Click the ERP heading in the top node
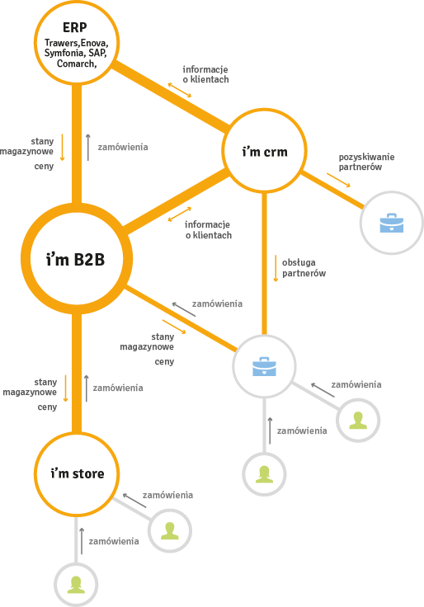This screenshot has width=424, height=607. [75, 27]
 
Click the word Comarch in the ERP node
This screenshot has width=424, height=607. [76, 64]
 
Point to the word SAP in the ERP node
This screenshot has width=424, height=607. [97, 53]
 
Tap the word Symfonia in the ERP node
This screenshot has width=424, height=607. [64, 53]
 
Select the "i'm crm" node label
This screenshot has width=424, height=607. [265, 152]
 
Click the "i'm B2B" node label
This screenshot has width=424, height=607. [76, 259]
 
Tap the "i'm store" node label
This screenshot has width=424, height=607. [77, 473]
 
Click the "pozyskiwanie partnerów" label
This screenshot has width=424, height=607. [367, 162]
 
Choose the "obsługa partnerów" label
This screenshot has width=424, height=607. [304, 268]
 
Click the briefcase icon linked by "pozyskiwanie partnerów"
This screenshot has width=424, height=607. [392, 223]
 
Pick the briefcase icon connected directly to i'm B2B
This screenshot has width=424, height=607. [264, 366]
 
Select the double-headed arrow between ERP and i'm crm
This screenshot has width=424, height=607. [180, 90]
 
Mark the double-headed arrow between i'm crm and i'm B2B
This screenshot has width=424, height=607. [180, 214]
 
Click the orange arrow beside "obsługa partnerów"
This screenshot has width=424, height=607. [276, 268]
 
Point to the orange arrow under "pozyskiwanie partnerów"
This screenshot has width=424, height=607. [338, 180]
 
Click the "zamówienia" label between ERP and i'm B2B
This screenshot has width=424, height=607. [123, 147]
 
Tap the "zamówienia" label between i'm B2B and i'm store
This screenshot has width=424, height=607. [118, 388]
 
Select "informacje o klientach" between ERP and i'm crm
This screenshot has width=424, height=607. [205, 74]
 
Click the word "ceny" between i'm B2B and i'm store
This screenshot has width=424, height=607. [47, 407]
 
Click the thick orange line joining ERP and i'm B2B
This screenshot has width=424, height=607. [77, 144]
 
